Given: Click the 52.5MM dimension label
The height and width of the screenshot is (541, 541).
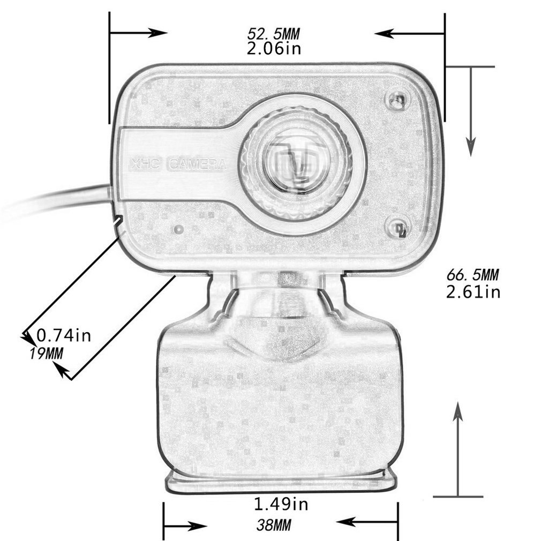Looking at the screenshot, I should point(273,34).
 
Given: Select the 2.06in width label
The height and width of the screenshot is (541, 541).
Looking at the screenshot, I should point(274,49).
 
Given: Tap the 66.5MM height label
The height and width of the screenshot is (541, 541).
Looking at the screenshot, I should point(472,275).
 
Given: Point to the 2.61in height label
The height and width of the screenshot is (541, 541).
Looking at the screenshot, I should point(473,292).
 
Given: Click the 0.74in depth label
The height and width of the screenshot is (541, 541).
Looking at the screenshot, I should point(63,336).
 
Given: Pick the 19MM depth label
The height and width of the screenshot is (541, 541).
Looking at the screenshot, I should point(46,353).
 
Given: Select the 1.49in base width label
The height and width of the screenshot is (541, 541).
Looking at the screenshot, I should point(281,504).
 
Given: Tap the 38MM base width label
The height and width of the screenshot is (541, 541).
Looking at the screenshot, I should point(273,525).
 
